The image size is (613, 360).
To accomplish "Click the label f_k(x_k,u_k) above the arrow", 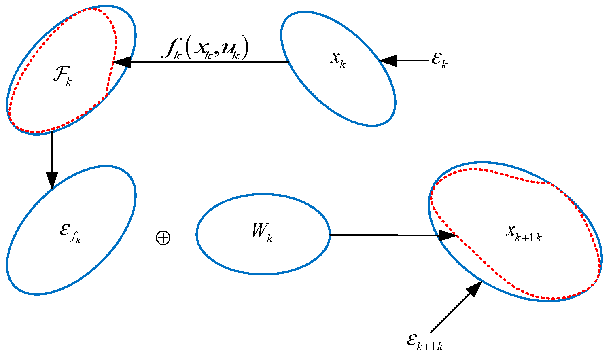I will click(205, 49).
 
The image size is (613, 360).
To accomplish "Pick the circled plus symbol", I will click(163, 237).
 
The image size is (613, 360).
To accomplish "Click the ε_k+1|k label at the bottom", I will click(425, 342).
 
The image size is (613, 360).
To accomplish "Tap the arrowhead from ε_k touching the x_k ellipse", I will click(388, 61).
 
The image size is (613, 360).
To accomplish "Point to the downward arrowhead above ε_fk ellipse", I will click(52, 180).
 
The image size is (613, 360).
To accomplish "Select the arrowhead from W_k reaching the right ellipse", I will click(448, 235).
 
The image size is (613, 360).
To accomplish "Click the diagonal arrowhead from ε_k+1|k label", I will click(475, 288).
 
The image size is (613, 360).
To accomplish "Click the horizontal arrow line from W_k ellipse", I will click(384, 235).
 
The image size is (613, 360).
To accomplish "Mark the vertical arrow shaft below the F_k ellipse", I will click(52, 152).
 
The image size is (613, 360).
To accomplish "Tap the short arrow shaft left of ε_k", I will click(412, 61).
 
